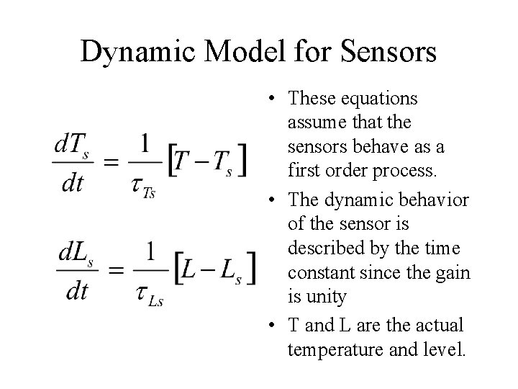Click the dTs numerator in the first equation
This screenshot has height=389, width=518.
coord(72,146)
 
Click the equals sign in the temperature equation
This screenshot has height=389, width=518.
coord(111,164)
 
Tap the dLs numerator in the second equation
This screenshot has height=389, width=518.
coord(75,254)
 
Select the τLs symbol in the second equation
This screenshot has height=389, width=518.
coord(147,295)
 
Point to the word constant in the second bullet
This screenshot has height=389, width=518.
coord(319,274)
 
